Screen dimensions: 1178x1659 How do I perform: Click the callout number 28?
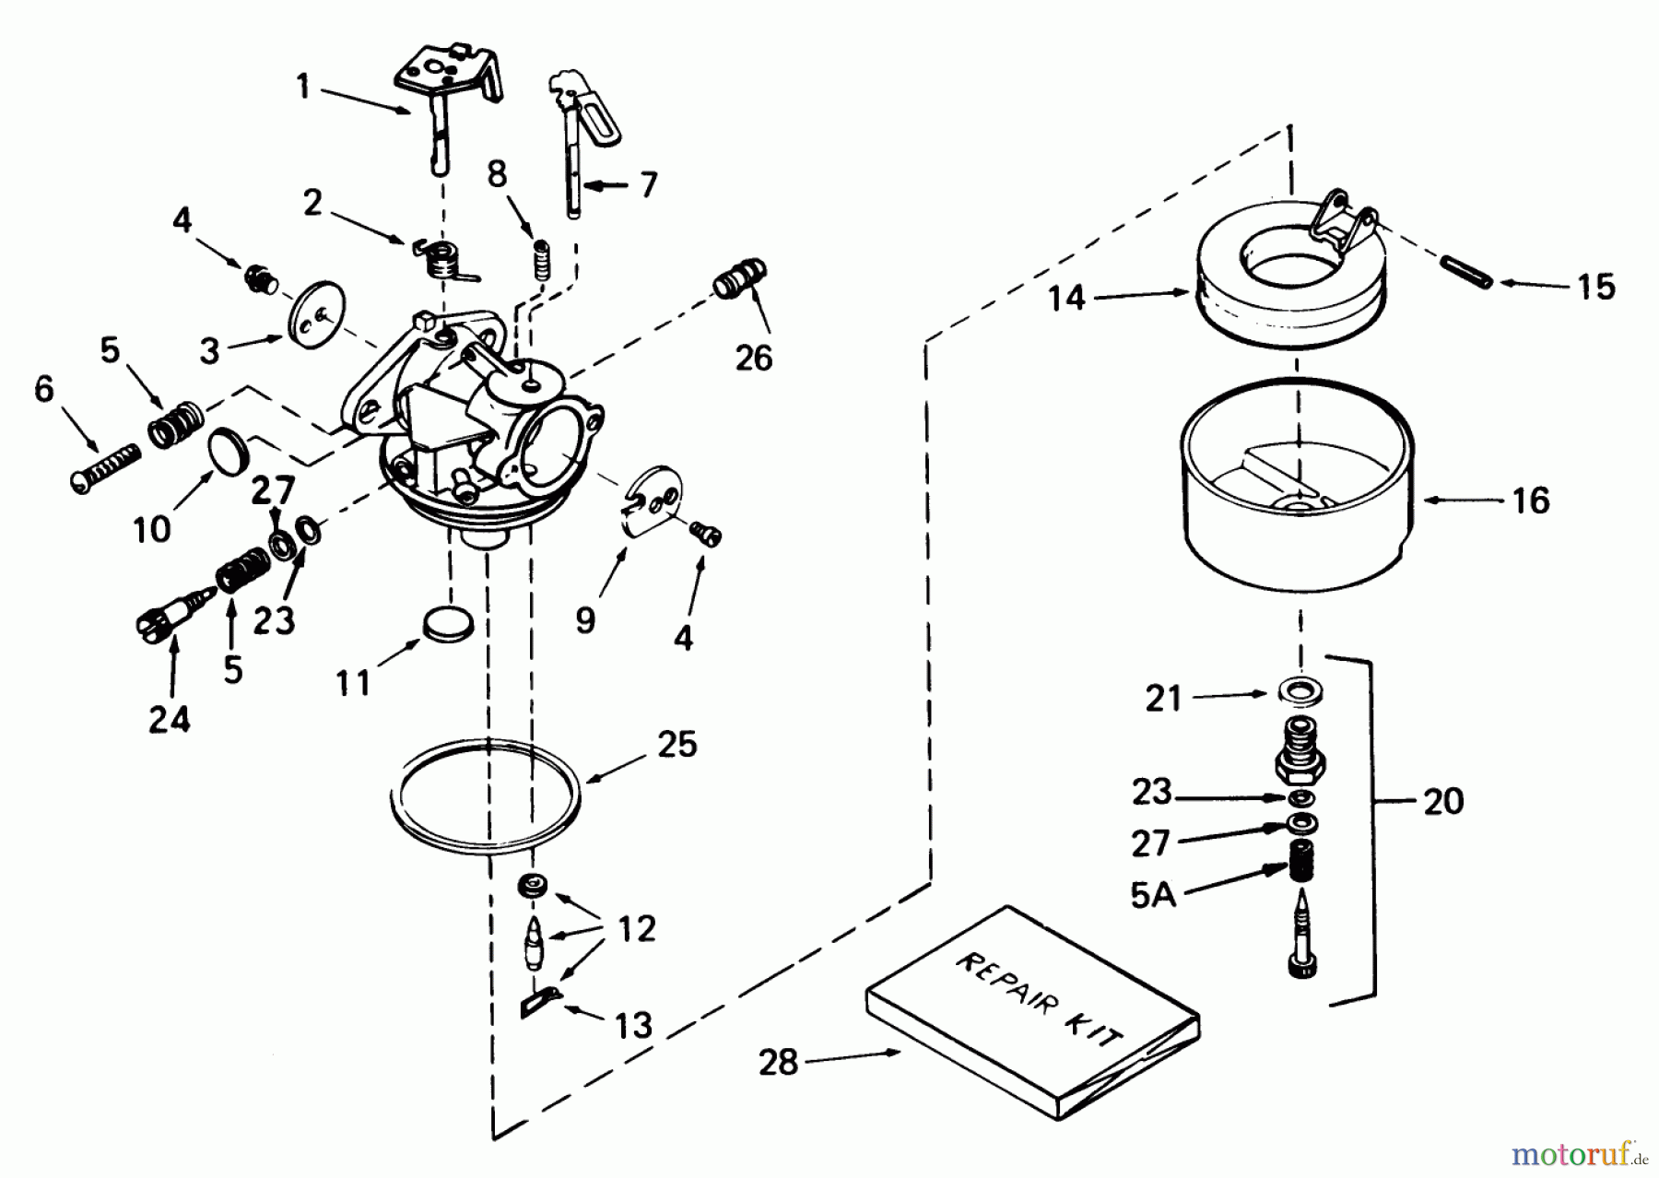point(778,1062)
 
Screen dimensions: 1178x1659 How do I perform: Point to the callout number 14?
point(1067,299)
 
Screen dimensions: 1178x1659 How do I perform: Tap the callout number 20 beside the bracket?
point(1442,801)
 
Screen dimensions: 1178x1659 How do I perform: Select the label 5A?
point(1154,894)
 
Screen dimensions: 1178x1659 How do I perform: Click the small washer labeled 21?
point(1297,689)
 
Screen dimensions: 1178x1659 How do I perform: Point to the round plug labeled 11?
point(447,624)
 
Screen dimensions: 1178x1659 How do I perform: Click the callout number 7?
point(649,184)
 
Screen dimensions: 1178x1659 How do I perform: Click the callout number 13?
point(634,1024)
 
